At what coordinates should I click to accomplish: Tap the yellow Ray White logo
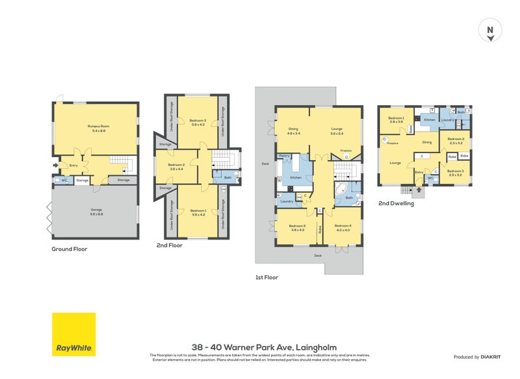click(x=73, y=334)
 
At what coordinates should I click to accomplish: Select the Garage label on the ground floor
click(x=96, y=213)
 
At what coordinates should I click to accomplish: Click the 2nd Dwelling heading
click(x=396, y=202)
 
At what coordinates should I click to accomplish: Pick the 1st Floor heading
click(x=266, y=277)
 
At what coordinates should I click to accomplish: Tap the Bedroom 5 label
click(x=297, y=228)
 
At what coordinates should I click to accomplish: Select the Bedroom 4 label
click(x=343, y=228)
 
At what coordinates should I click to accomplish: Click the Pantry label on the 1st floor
click(x=283, y=156)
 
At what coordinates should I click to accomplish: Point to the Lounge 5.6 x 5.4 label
click(x=336, y=130)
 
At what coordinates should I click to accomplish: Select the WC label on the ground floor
click(x=64, y=180)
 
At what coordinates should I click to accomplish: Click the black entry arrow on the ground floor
click(x=55, y=165)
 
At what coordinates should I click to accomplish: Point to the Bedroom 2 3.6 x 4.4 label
click(x=176, y=167)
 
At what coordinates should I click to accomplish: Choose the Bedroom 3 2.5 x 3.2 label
click(x=455, y=173)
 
